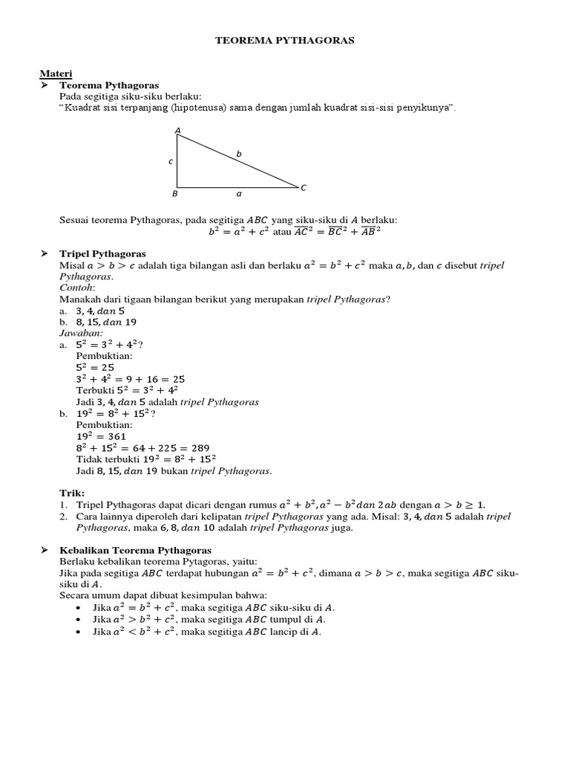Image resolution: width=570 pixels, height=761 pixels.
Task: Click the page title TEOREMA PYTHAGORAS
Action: [285, 41]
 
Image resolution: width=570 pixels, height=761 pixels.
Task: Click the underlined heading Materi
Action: [56, 74]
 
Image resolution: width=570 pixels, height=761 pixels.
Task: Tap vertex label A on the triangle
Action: [177, 131]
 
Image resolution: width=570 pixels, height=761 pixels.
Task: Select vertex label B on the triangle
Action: [175, 194]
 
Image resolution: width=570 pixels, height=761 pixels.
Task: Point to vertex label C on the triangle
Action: [304, 188]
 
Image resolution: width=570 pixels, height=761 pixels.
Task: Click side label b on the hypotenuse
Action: [239, 154]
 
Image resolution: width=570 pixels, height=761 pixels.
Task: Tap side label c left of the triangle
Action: [170, 161]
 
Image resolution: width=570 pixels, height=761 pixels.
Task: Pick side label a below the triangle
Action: [238, 194]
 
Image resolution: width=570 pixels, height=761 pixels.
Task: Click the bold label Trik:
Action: [72, 493]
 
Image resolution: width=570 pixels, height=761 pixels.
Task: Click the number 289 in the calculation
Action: [200, 448]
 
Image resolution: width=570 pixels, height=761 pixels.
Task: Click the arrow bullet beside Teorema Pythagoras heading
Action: [43, 85]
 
